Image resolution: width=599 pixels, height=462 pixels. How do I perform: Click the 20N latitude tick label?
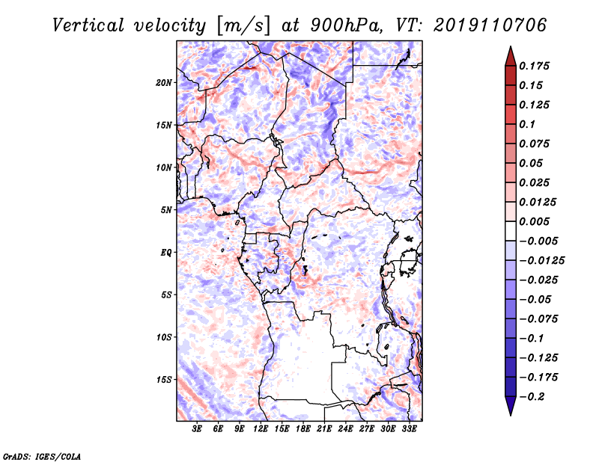(x=164, y=82)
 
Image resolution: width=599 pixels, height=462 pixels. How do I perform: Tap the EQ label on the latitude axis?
(x=165, y=253)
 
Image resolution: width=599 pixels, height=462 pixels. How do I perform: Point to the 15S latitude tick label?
(x=164, y=380)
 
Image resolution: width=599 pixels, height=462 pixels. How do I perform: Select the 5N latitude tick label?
(x=166, y=210)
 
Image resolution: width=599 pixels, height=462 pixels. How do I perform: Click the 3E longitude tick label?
(x=197, y=429)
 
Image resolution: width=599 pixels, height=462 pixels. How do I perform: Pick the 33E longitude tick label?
(x=409, y=429)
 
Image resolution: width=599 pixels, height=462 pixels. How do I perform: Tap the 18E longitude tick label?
(x=303, y=429)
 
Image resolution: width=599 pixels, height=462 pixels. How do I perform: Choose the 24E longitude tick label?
(x=345, y=429)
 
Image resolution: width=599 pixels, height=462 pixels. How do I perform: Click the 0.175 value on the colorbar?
(x=534, y=66)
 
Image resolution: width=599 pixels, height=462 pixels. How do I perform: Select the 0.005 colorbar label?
(x=534, y=221)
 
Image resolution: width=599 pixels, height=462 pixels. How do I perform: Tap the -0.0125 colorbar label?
(x=541, y=261)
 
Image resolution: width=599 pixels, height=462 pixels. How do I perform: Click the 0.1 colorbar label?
(x=527, y=124)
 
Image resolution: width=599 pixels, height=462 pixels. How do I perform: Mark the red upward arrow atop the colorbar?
(x=511, y=57)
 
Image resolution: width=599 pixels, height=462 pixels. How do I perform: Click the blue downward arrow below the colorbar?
(x=511, y=406)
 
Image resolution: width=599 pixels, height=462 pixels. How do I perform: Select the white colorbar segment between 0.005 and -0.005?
(x=511, y=231)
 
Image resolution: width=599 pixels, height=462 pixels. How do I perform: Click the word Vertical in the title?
(x=88, y=25)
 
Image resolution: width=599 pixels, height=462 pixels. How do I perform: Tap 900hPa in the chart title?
(x=346, y=25)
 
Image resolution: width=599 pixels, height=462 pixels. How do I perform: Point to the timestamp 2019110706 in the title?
(x=490, y=25)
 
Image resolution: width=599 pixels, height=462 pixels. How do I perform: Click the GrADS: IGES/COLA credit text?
(x=42, y=456)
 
